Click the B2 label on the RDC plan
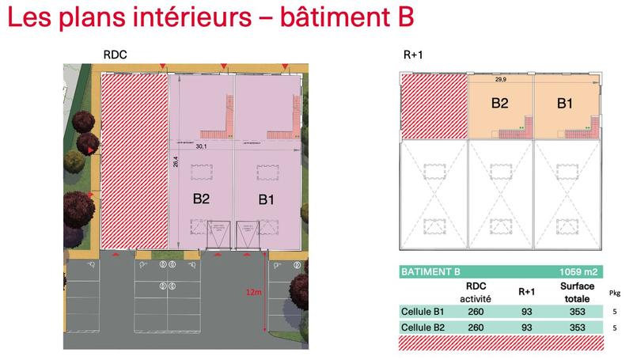[201, 199]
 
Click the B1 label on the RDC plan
[267, 199]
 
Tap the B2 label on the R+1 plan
[499, 103]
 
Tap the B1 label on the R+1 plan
[564, 103]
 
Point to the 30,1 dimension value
[201, 146]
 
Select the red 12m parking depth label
[253, 292]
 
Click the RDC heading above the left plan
[115, 55]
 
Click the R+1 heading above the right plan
[414, 55]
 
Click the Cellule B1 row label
[423, 312]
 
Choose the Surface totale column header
[578, 292]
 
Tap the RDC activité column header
[476, 292]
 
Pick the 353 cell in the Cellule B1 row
[578, 312]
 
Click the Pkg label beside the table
[615, 292]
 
